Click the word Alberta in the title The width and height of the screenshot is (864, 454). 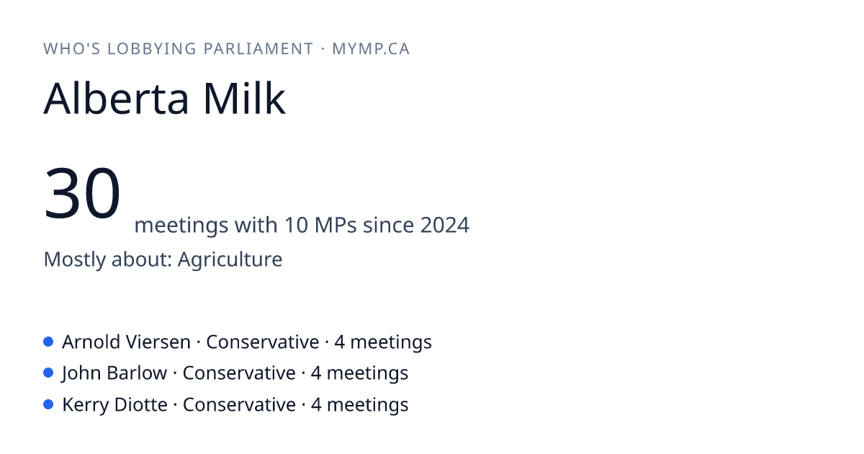(x=116, y=98)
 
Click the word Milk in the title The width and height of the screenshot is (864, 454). (x=244, y=98)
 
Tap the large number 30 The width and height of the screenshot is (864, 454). (x=82, y=192)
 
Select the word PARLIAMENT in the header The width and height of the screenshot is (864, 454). (x=258, y=49)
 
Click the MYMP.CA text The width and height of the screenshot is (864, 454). (x=371, y=49)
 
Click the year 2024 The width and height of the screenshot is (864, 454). (x=445, y=225)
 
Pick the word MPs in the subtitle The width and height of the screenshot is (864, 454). (x=336, y=225)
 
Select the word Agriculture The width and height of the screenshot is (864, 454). (x=230, y=259)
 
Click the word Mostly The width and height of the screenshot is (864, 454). (x=74, y=259)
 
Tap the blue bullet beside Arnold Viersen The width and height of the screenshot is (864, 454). (x=48, y=342)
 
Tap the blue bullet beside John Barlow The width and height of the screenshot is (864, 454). (x=48, y=373)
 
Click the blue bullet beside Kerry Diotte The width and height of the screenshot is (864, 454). (x=48, y=404)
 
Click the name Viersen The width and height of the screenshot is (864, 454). (x=158, y=342)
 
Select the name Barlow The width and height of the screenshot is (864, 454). (x=137, y=373)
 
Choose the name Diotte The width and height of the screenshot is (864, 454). (x=141, y=404)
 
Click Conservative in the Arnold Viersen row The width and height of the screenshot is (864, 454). (x=263, y=342)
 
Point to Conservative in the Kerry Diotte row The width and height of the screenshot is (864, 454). (x=239, y=404)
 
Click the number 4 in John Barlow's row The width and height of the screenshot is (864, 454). (x=316, y=373)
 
